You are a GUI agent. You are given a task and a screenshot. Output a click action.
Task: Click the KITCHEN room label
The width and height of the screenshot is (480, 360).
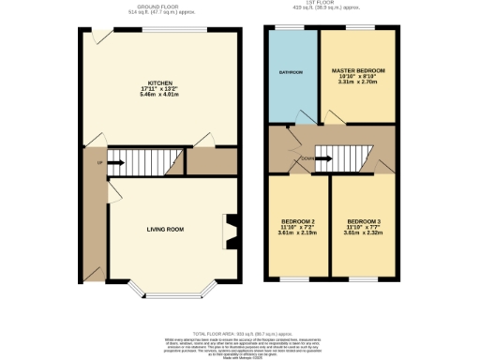point(144,82)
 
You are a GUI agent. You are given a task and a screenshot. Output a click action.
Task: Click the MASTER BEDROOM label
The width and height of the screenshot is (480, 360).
point(357,70)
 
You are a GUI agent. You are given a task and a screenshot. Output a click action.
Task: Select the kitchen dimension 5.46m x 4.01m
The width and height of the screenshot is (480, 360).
point(144,95)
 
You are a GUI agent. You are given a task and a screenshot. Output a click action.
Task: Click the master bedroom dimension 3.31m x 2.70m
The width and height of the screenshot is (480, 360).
point(357,82)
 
